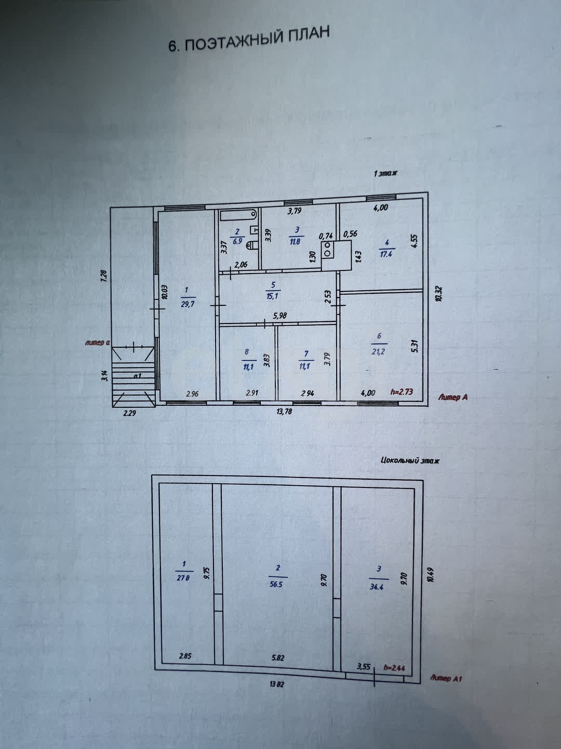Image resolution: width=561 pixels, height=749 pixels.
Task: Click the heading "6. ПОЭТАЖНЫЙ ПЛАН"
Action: [249, 40]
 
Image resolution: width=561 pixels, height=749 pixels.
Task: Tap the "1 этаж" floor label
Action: [385, 173]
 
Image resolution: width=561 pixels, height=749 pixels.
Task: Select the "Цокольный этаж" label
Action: [410, 460]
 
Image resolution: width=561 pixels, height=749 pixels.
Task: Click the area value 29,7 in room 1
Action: [187, 304]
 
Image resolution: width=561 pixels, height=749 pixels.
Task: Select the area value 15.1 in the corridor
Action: [273, 296]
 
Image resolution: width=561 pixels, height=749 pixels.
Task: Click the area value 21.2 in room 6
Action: [378, 352]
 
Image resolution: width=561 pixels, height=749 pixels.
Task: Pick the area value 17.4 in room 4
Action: [386, 255]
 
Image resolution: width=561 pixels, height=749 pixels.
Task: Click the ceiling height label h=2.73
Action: [401, 392]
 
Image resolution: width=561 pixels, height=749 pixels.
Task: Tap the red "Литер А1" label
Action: [446, 678]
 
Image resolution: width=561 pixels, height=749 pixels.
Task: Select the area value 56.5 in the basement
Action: [276, 584]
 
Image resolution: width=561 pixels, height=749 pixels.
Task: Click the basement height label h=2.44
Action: [395, 667]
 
